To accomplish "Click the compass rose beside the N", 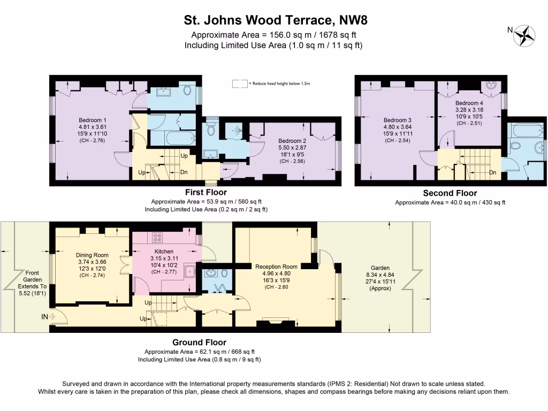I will tap(524, 35).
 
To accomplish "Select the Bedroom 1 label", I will tap(93, 120).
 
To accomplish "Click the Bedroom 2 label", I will tap(292, 140).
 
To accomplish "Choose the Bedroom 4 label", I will tap(469, 103).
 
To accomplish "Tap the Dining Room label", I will tap(92, 255).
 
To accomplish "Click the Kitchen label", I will tap(164, 251).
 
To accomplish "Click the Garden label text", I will tap(380, 268).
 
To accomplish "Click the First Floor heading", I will tap(206, 192).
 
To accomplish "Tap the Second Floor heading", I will tap(450, 193).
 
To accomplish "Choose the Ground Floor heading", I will tap(199, 342).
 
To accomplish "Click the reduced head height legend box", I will tap(240, 84).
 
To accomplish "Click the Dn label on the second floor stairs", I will tap(493, 173).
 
